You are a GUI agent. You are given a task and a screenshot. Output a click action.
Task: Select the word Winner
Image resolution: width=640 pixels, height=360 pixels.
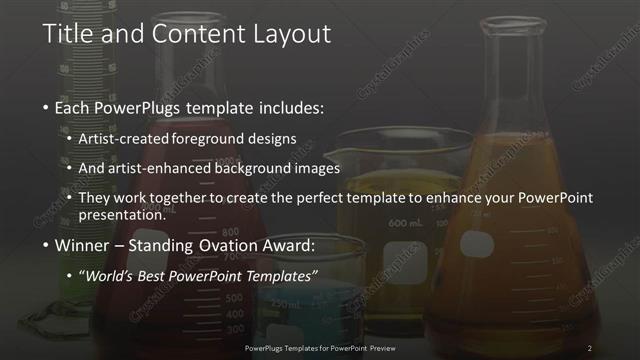(80, 245)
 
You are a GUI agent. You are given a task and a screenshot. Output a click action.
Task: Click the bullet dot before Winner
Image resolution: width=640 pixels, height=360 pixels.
(46, 245)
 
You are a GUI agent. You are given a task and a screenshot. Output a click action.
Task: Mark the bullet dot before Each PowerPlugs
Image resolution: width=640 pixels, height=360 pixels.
(46, 106)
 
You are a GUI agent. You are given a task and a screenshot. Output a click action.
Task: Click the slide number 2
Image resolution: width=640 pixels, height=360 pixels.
(590, 347)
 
